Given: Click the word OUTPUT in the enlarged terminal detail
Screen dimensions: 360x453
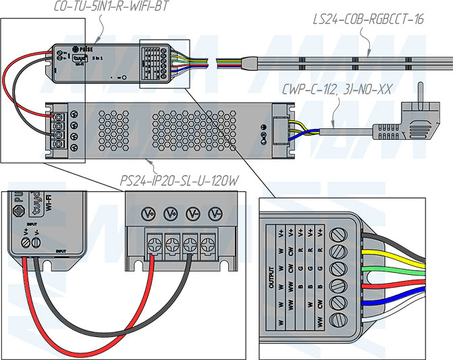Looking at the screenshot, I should coord(270,277).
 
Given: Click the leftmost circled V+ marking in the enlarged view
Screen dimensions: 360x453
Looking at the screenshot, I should coord(150,214).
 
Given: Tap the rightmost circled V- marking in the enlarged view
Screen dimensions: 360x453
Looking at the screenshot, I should coord(215,214).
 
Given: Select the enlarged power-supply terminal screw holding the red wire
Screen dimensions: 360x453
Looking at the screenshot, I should coord(155,241).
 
